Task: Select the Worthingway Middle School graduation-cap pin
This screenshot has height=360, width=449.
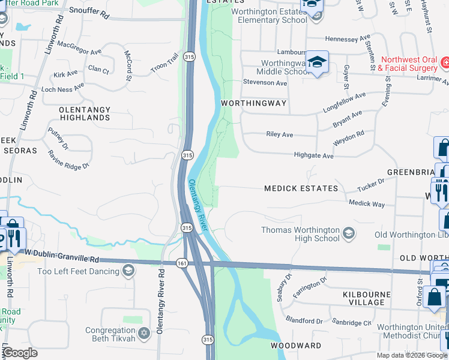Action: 317,63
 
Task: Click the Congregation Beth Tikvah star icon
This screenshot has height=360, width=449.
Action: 143,332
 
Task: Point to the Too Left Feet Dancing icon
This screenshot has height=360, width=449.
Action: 127,271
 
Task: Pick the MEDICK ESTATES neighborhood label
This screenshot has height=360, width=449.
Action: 301,188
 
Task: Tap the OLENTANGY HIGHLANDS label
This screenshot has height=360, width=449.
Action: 85,113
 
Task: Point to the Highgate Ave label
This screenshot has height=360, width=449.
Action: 313,155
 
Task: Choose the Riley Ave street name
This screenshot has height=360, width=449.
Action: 279,135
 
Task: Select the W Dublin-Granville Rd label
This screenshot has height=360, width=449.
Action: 61,259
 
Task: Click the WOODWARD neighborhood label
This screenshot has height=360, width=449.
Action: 295,346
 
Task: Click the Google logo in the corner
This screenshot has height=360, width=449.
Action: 20,353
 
